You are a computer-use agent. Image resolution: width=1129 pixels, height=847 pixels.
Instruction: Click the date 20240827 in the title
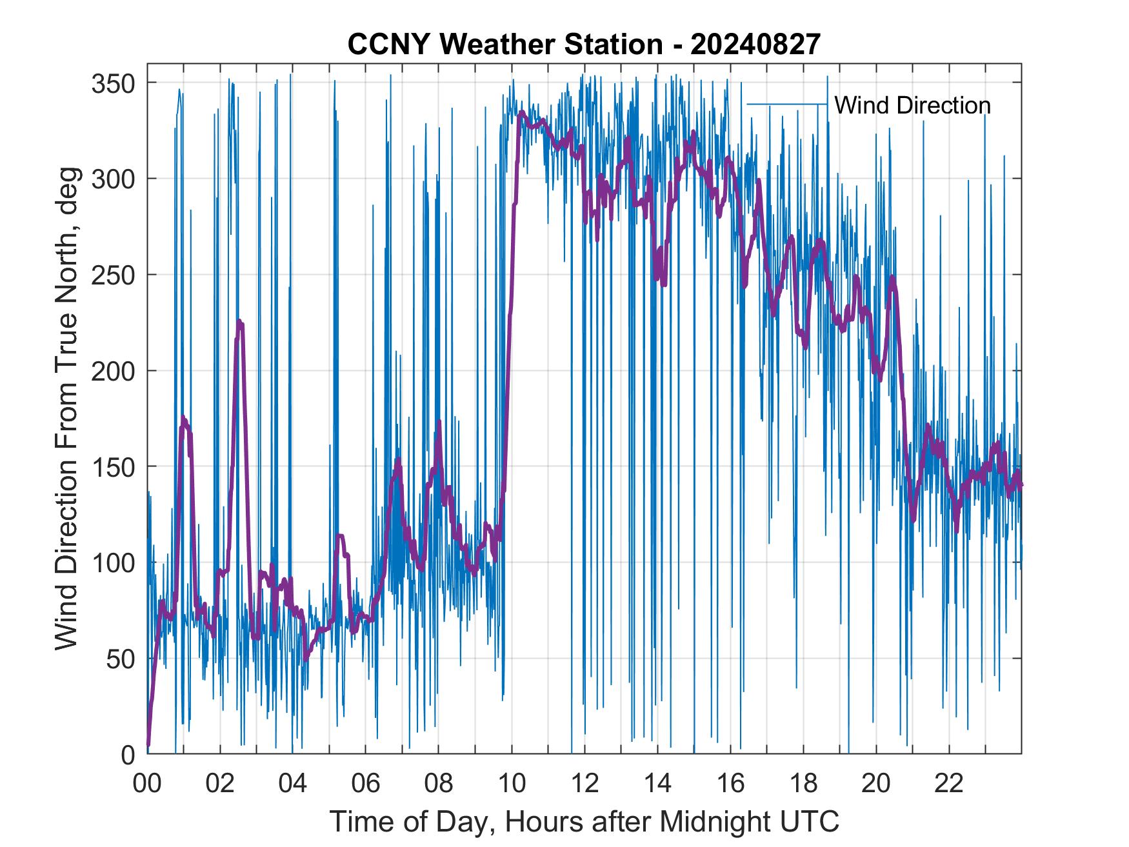coord(755,45)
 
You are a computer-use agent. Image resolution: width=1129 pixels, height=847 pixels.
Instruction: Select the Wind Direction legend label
coord(912,105)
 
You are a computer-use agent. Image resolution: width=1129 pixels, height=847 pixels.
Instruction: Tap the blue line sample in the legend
coord(786,104)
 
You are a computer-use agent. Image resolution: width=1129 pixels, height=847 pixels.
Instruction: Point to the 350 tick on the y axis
coord(112,83)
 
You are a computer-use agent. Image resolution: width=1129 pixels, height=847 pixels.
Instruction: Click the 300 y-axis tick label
coord(112,179)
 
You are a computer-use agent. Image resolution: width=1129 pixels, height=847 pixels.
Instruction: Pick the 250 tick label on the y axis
coord(112,275)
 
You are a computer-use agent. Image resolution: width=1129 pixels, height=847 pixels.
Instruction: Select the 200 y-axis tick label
coord(112,371)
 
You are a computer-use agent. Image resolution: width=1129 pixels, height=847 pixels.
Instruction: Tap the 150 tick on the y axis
coord(112,466)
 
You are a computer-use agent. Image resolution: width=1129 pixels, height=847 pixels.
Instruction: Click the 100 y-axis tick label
coord(112,563)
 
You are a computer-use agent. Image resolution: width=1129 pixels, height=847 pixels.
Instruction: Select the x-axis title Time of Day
coord(584,821)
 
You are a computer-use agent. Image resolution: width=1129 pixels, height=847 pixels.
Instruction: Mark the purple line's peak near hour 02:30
coord(239,321)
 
